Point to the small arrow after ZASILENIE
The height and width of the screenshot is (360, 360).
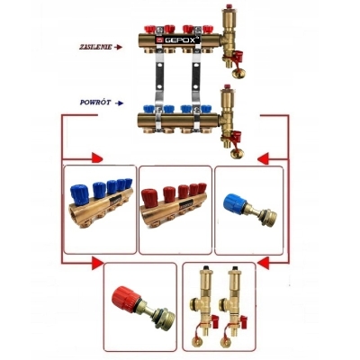coord(119,47)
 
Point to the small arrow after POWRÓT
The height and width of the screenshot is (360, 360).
coord(119,103)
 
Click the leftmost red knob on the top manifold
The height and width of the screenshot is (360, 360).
coord(148,30)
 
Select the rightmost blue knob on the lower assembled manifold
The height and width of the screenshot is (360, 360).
coord(206,109)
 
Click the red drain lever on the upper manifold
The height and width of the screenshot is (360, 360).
coord(238,56)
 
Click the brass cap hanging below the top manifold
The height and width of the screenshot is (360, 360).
coord(238,72)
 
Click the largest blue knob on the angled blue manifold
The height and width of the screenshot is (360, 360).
coord(77,195)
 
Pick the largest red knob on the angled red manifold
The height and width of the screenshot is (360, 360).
coord(149,198)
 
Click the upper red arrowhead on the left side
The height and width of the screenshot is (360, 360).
coord(97,157)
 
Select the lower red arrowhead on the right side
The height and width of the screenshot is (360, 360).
coord(263,264)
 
